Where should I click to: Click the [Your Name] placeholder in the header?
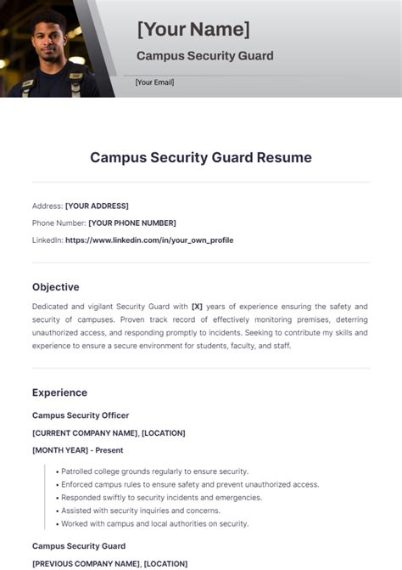[x=193, y=30]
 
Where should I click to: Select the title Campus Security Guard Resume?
[x=201, y=157]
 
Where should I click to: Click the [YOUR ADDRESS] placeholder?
[x=97, y=206]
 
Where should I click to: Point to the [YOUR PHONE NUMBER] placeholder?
[x=132, y=223]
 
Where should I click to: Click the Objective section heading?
[x=56, y=287]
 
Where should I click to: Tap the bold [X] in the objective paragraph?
[x=198, y=306]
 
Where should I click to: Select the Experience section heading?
[x=59, y=392]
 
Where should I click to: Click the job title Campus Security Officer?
[x=81, y=415]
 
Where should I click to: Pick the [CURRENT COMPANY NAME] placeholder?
[x=84, y=433]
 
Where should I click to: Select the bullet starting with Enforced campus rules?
[x=189, y=484]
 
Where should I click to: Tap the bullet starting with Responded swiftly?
[x=161, y=497]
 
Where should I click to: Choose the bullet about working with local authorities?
[x=154, y=523]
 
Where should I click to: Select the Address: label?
[x=47, y=206]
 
